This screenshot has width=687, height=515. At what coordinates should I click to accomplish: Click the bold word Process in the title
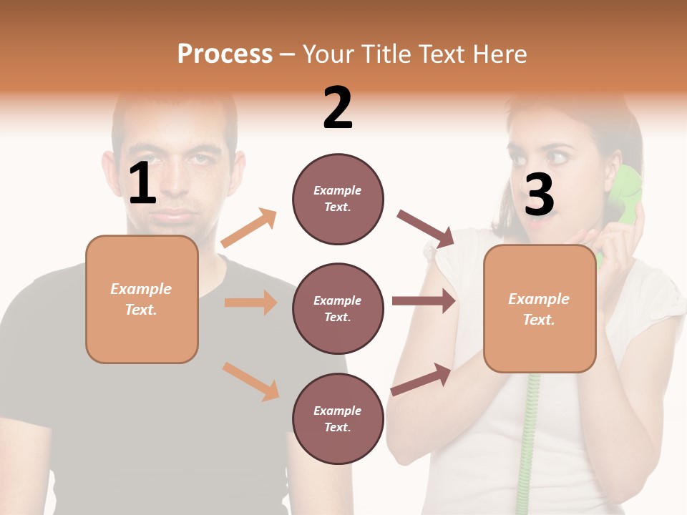point(225,54)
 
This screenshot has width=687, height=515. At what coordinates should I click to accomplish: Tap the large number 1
point(142,184)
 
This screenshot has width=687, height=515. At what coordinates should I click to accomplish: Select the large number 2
point(338,107)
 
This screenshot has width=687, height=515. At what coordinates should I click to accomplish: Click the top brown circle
point(338,199)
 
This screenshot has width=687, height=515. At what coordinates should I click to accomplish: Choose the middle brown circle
point(338,308)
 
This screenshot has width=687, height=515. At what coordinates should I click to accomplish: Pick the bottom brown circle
point(338,418)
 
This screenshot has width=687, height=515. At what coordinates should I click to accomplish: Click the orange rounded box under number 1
point(142,299)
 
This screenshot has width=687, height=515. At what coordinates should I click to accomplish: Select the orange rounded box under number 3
point(540,308)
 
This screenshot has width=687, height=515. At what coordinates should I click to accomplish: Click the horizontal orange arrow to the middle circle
point(250,303)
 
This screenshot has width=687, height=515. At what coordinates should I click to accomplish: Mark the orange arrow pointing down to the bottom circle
point(250,381)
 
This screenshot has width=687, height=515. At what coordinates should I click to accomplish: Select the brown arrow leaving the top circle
point(425,228)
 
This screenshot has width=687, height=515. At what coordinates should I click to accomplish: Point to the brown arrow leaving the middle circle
point(424,301)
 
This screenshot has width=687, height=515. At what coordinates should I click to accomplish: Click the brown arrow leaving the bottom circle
point(421,379)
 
